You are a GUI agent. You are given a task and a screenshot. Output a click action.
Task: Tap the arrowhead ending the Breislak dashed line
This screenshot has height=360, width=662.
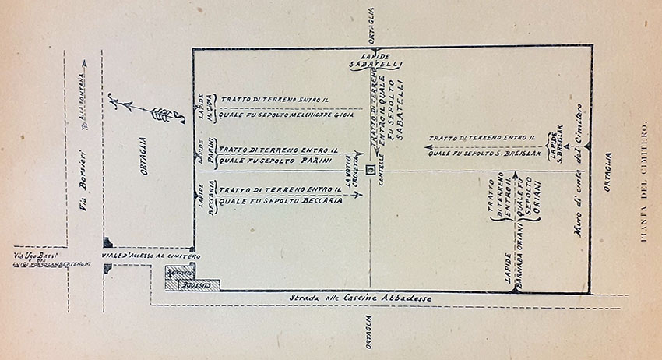click(428, 144)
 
